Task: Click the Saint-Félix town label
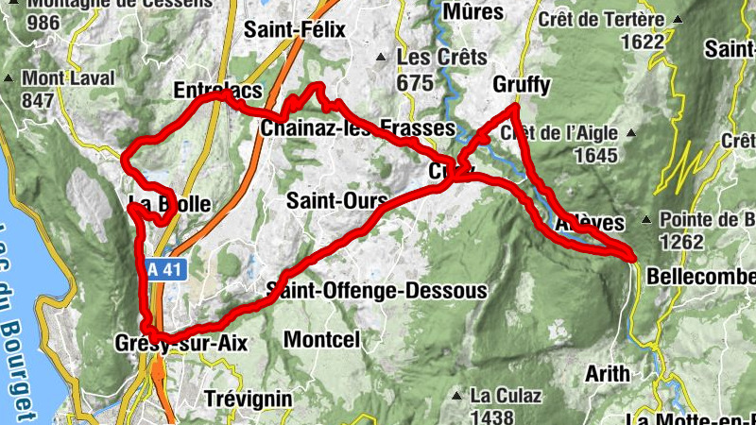pos(295,30)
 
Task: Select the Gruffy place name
pos(521,86)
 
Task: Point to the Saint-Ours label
pos(337,201)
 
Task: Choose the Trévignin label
pos(249,399)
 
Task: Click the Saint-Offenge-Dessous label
pos(377,290)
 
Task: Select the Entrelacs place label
pos(217,92)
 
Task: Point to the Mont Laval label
pos(68,78)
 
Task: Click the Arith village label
pos(607,373)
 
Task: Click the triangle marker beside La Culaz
pos(457,395)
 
